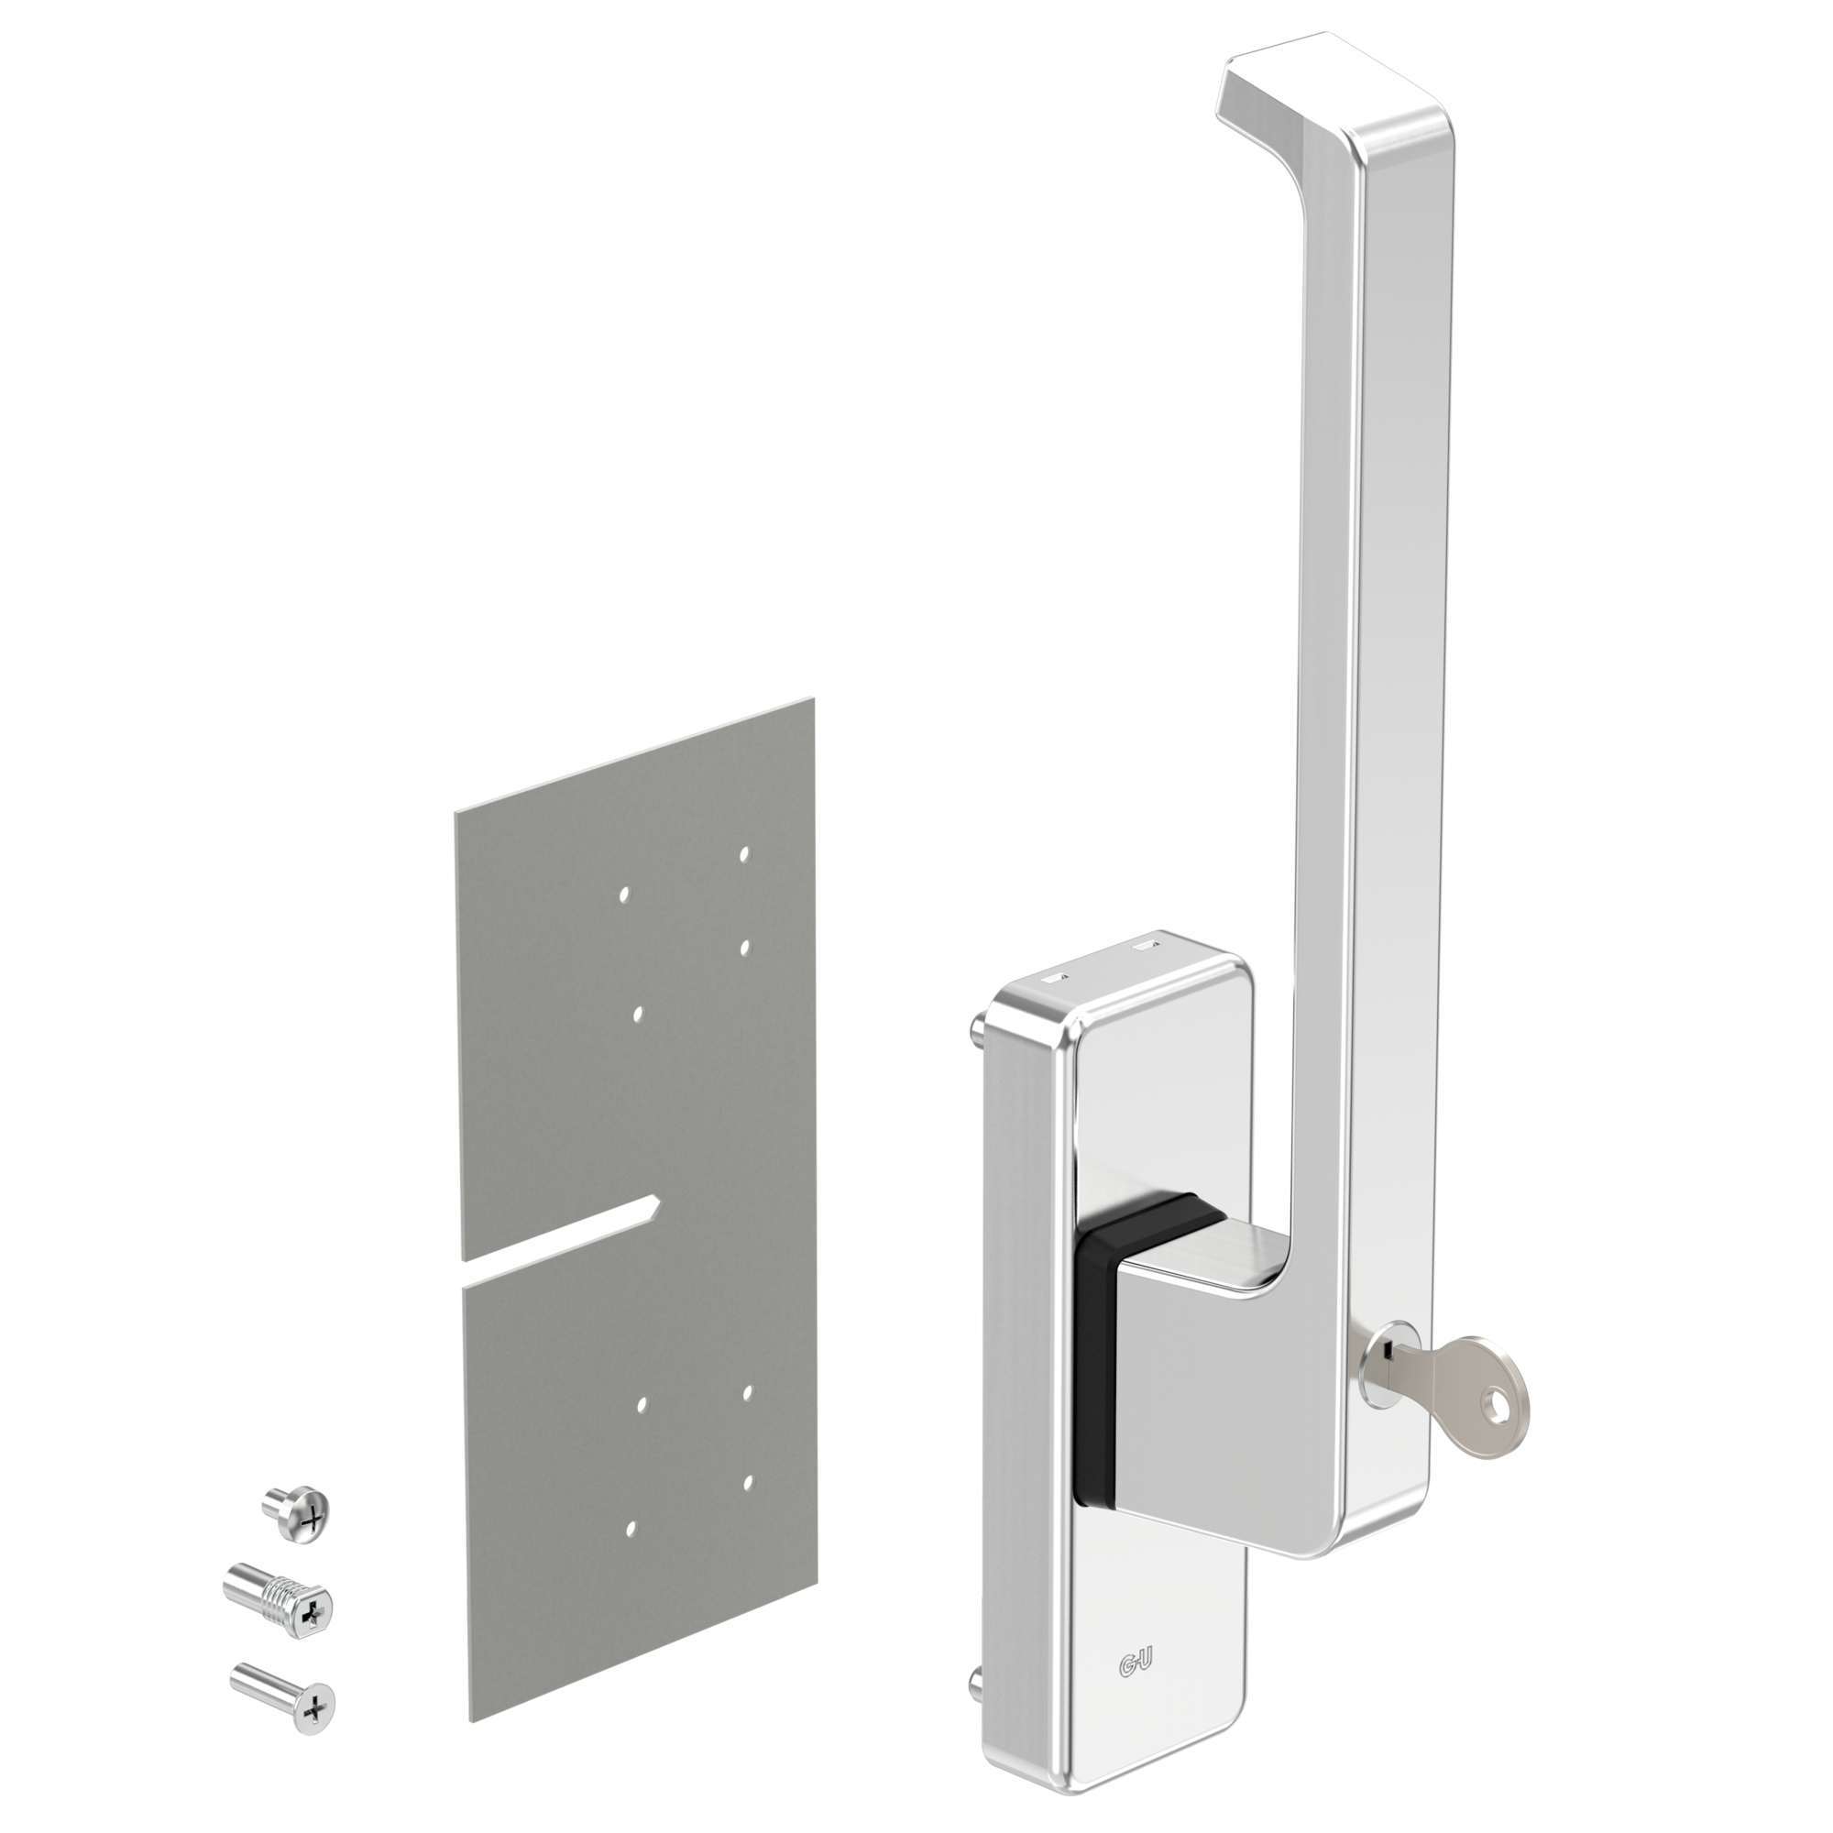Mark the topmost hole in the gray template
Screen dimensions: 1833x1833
[745, 853]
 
